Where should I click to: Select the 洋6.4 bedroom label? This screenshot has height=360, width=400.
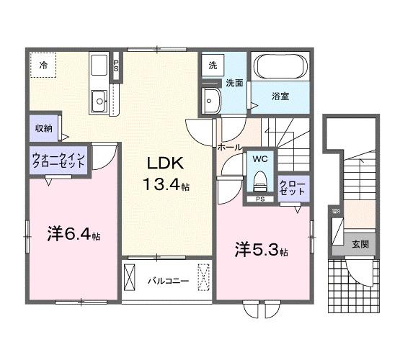(73, 235)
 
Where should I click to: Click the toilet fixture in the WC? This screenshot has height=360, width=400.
(260, 180)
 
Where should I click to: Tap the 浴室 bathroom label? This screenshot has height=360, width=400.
(280, 96)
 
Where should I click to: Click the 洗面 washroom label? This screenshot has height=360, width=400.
(232, 83)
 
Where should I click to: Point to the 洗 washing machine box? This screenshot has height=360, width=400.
(213, 65)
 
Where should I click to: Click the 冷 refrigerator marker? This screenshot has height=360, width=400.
(43, 66)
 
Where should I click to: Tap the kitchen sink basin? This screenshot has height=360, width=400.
(98, 101)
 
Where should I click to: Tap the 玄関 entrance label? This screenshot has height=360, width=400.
(360, 244)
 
